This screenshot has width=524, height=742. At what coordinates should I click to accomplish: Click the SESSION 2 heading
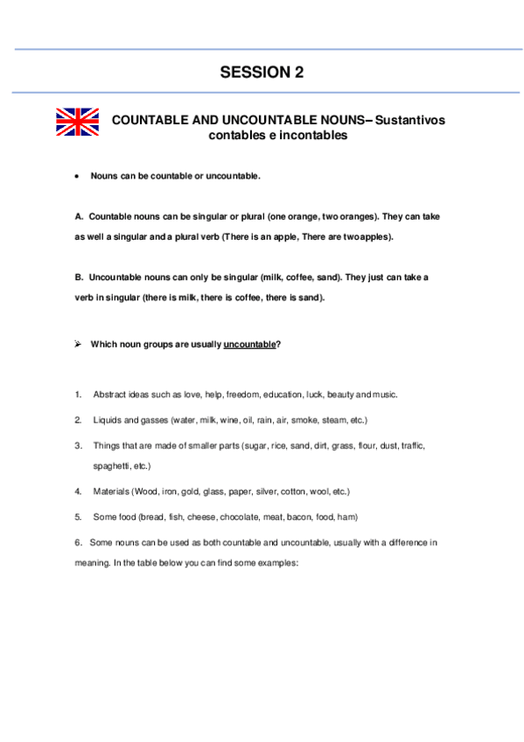tap(262, 73)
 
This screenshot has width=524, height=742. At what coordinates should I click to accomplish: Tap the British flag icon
tap(78, 122)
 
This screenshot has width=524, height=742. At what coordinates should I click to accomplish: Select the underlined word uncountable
tap(249, 344)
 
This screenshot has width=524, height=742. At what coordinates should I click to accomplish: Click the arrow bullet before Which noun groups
tap(79, 344)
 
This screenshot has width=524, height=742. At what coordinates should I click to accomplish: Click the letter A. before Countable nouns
tap(80, 215)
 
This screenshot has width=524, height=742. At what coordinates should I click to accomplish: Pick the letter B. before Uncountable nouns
tap(80, 276)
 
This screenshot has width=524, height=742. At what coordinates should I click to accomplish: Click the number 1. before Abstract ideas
tap(79, 395)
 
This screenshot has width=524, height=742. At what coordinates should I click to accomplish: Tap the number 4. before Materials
tap(79, 492)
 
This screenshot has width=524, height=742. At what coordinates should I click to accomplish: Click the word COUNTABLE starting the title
tap(147, 120)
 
